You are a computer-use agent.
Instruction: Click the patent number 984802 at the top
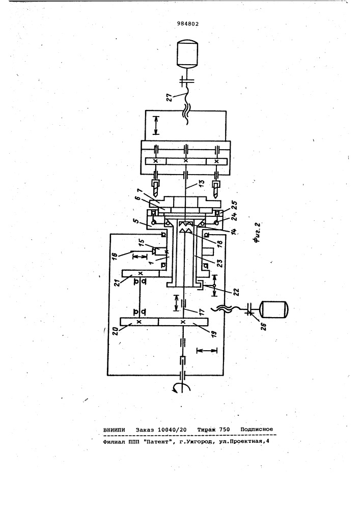point(188,24)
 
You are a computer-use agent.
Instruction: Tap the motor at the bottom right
point(274,309)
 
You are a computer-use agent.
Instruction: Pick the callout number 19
point(213,334)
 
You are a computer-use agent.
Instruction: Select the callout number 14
point(234,230)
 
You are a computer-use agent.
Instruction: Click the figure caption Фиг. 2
point(257,233)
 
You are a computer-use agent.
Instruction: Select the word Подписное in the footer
point(257,430)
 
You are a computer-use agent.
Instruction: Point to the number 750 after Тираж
point(225,430)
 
